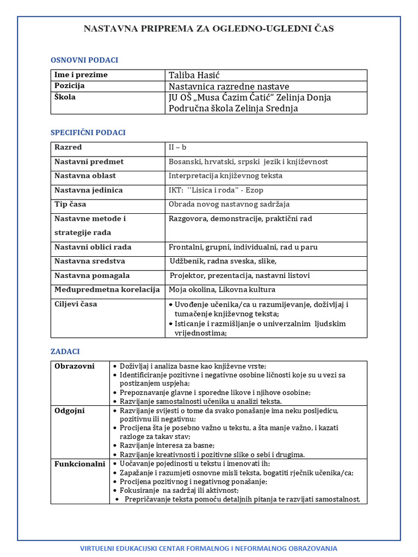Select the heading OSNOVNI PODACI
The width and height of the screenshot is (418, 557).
pyautogui.click(x=84, y=60)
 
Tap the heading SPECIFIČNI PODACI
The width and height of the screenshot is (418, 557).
pyautogui.click(x=88, y=132)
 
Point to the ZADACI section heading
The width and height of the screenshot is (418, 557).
pyautogui.click(x=65, y=351)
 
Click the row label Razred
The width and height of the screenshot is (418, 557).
pyautogui.click(x=68, y=147)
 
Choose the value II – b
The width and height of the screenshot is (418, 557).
pyautogui.click(x=177, y=147)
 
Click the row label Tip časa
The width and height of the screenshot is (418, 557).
pyautogui.click(x=70, y=204)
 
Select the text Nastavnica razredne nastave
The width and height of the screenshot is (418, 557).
pyautogui.click(x=229, y=86)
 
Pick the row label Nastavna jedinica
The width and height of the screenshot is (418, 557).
pyautogui.click(x=88, y=190)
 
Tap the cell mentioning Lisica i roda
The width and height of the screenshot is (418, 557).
pyautogui.click(x=216, y=190)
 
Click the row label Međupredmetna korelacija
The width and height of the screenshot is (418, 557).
pyautogui.click(x=107, y=289)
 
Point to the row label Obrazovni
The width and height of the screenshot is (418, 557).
pyautogui.click(x=75, y=366)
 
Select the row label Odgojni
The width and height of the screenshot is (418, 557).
pyautogui.click(x=70, y=410)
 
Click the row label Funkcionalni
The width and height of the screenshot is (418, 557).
pyautogui.click(x=79, y=464)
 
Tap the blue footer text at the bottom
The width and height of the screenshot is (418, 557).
pyautogui.click(x=208, y=548)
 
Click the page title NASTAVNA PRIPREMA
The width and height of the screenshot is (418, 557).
pyautogui.click(x=208, y=28)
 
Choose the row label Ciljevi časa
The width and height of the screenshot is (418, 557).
pyautogui.click(x=76, y=304)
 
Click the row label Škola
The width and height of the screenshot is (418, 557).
pyautogui.click(x=65, y=97)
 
